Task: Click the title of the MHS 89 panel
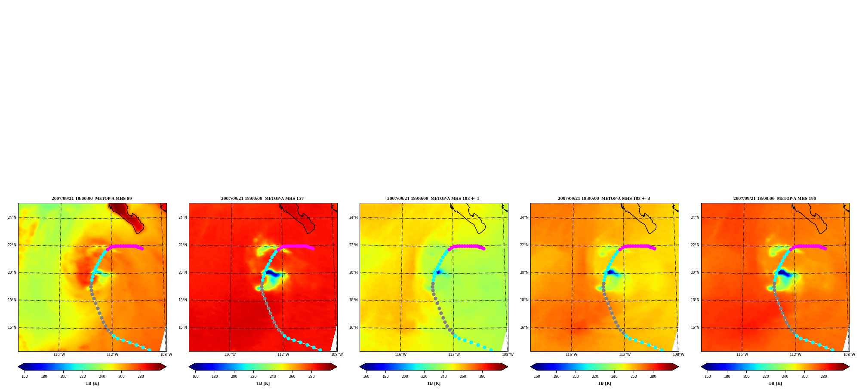click(92, 199)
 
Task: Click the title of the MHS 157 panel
click(262, 199)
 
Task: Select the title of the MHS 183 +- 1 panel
click(433, 199)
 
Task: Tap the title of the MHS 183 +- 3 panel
click(604, 199)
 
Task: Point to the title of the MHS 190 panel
click(775, 199)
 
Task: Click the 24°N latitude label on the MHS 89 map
click(12, 217)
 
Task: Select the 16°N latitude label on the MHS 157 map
click(183, 328)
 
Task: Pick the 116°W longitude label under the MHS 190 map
click(742, 355)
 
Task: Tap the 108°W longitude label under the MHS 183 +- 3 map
click(678, 355)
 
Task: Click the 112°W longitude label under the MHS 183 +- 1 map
click(454, 355)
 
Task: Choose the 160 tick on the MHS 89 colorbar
click(25, 377)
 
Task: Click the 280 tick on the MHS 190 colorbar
click(824, 377)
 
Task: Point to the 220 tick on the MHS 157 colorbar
click(253, 377)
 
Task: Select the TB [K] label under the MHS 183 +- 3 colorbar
click(604, 383)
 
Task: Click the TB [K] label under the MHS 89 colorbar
click(92, 383)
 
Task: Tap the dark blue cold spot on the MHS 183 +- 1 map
click(438, 272)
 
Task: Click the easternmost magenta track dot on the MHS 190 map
click(825, 248)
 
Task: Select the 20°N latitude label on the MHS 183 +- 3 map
click(524, 273)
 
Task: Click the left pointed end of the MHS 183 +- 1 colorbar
click(360, 367)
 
